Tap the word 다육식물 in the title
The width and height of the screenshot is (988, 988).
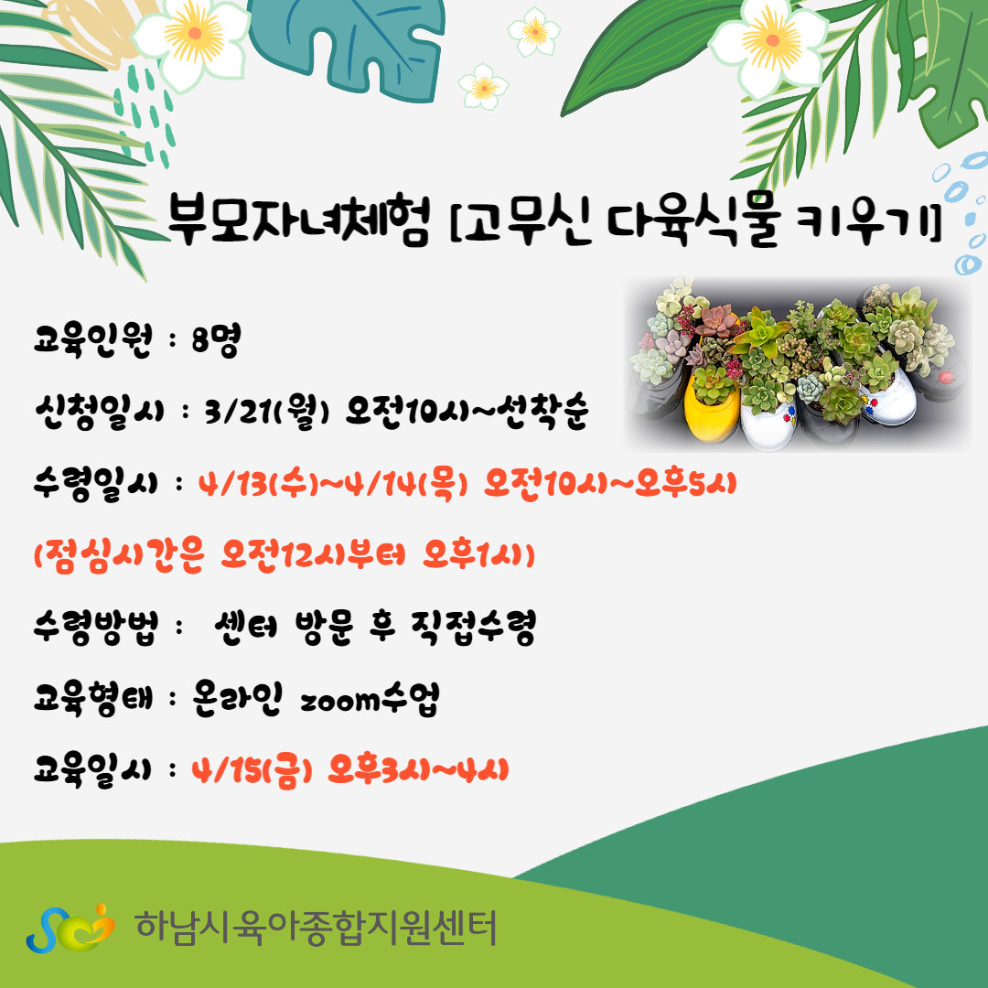point(693,220)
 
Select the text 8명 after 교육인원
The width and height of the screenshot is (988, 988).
point(216,341)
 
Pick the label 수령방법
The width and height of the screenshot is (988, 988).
point(96,628)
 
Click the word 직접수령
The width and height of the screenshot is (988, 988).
point(473,628)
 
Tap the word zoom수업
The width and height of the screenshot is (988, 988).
point(370,700)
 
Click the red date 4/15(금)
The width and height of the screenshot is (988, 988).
point(252,771)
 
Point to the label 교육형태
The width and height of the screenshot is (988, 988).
point(93,700)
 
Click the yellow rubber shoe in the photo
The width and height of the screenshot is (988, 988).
point(712,404)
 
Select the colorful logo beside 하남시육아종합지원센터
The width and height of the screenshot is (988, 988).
point(70,929)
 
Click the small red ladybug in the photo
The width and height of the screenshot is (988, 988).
point(947,378)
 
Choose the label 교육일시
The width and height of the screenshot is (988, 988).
point(92,771)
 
